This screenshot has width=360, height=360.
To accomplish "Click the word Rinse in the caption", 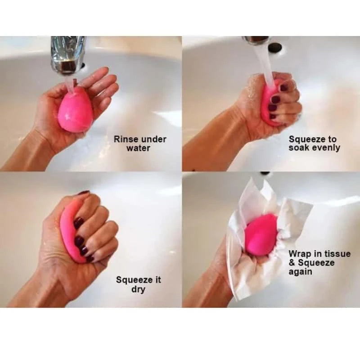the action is click(126, 139).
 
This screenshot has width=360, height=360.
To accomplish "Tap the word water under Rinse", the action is click(138, 148).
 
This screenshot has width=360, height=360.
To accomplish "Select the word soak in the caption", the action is click(299, 148).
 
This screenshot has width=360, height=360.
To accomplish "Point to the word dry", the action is click(138, 289).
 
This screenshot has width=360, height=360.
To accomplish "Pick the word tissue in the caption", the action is click(337, 254).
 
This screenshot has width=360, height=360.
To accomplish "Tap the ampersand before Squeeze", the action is click(292, 263).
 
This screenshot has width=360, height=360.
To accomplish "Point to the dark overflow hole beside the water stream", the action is click(274, 48).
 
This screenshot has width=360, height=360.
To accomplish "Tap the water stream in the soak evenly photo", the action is click(264, 67).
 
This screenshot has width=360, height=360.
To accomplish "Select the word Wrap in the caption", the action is click(299, 254).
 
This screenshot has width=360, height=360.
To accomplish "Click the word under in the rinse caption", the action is click(153, 139).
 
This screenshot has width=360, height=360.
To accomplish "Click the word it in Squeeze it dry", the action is click(157, 280).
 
